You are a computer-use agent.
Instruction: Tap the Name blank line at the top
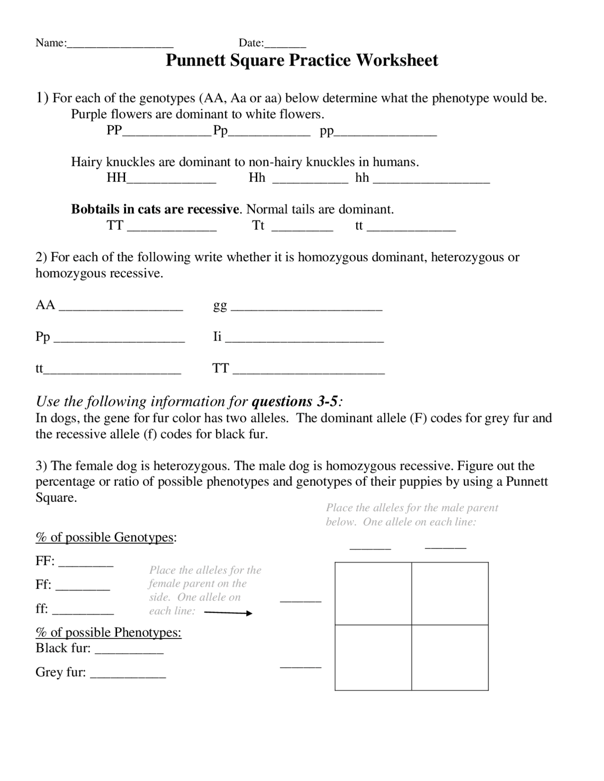[x=120, y=46]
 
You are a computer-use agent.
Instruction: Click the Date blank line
[x=285, y=46]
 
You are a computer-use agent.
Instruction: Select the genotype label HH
[x=117, y=178]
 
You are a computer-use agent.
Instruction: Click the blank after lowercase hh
[x=431, y=180]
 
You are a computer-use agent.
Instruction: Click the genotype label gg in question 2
[x=220, y=306]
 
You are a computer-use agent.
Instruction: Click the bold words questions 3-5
[x=295, y=401]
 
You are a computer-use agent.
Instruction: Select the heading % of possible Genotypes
[x=105, y=537]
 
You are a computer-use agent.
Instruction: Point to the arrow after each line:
[x=228, y=613]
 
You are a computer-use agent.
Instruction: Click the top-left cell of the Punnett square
[x=373, y=593]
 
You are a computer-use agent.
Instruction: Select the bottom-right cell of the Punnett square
[x=450, y=657]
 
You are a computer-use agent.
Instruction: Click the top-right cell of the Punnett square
[x=450, y=593]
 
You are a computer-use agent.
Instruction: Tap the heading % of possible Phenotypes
[x=108, y=632]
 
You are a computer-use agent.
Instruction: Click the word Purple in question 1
[x=89, y=114]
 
